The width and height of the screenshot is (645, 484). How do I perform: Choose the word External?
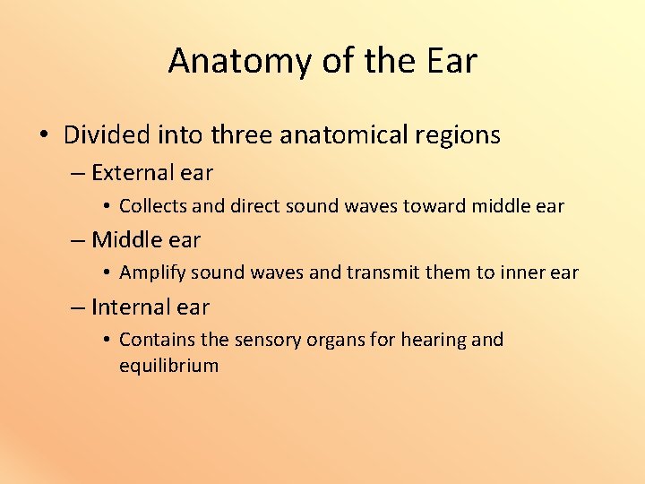(131, 172)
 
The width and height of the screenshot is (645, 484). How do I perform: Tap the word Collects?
(153, 206)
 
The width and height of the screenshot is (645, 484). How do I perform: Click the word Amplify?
(153, 273)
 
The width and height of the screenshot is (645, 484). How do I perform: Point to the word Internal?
(131, 307)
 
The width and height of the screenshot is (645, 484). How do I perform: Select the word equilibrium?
(168, 366)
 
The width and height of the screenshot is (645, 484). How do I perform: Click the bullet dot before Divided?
(44, 136)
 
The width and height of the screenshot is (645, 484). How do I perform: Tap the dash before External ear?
(78, 173)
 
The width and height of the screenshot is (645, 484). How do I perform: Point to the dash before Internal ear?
(78, 307)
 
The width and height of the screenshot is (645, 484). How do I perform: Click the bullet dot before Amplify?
(106, 273)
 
